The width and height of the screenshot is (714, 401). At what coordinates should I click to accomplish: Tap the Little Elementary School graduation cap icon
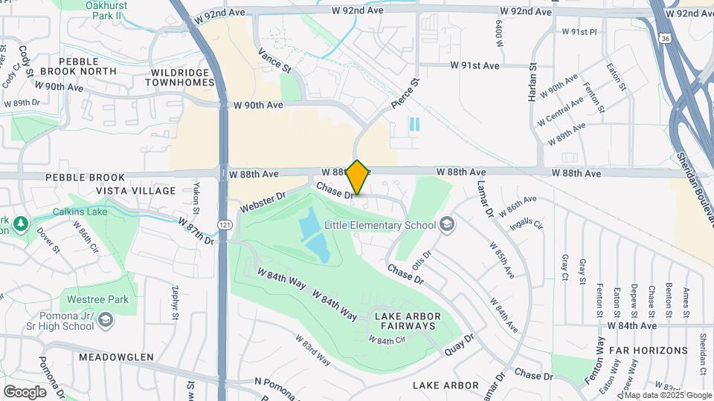tap(447, 224)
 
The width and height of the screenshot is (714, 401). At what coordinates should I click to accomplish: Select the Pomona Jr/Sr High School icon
tap(105, 320)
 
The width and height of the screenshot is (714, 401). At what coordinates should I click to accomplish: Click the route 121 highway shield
tap(224, 224)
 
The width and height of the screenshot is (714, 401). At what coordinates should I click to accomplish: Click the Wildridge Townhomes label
tap(182, 78)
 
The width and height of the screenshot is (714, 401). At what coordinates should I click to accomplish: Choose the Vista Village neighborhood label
tap(135, 191)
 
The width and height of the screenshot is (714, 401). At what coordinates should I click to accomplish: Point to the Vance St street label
tap(274, 60)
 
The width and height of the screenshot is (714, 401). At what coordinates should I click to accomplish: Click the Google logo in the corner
tap(25, 391)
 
